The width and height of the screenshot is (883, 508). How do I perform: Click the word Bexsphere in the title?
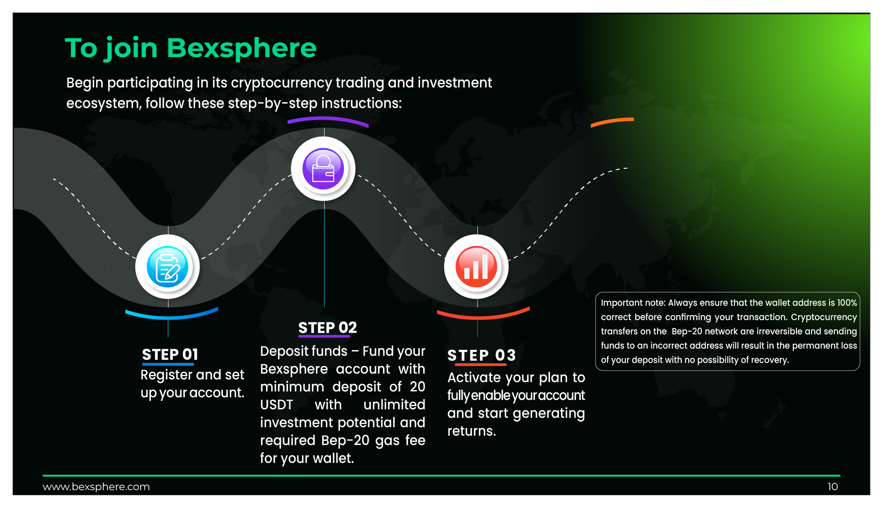point(242,48)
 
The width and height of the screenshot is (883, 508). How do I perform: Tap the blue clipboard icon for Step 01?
point(167,266)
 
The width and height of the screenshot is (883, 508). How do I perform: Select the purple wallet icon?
point(323,169)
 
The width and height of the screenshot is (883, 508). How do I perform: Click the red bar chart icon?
point(476,266)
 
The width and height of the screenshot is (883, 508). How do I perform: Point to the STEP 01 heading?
point(170,354)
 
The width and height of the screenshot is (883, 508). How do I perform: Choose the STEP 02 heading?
point(328,328)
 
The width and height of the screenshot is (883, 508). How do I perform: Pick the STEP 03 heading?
point(482,355)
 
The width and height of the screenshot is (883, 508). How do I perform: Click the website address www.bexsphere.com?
point(96,487)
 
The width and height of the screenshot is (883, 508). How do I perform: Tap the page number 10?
point(833,487)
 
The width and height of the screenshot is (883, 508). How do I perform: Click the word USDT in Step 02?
point(277,405)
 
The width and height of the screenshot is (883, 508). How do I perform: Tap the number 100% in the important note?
point(847,303)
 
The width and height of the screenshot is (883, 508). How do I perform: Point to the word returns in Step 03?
point(471,431)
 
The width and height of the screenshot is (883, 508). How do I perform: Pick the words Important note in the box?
point(633,303)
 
